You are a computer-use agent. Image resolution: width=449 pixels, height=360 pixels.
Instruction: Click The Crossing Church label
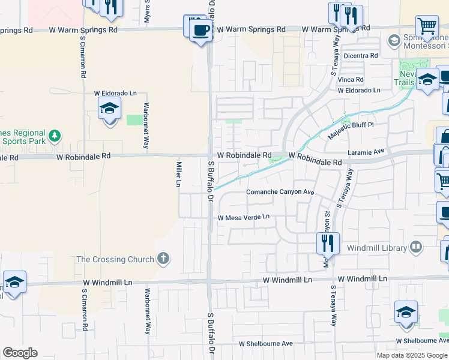(x=115, y=259)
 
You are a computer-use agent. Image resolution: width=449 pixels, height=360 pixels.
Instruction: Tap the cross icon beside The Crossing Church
(x=162, y=259)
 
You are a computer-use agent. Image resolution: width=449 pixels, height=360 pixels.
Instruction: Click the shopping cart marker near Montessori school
(x=427, y=26)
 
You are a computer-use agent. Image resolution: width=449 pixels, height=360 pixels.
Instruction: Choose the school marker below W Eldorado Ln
(x=110, y=109)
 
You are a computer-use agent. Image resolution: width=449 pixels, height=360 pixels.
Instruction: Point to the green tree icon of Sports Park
(x=55, y=136)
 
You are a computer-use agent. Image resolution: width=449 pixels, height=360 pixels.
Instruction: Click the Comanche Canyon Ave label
(x=280, y=192)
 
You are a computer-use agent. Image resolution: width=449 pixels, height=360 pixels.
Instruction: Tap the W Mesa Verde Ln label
(x=244, y=218)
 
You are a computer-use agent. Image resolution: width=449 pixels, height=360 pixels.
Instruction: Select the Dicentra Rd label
(x=361, y=56)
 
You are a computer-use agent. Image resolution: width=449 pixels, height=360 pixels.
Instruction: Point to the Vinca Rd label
(x=351, y=79)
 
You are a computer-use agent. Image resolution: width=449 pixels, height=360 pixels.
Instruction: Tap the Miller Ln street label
(x=178, y=173)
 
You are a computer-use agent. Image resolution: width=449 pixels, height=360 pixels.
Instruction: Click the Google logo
(x=20, y=353)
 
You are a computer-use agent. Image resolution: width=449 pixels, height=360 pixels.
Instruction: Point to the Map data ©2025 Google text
(x=411, y=355)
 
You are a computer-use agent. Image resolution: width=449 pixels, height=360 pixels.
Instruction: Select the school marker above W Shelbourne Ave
(x=406, y=313)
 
